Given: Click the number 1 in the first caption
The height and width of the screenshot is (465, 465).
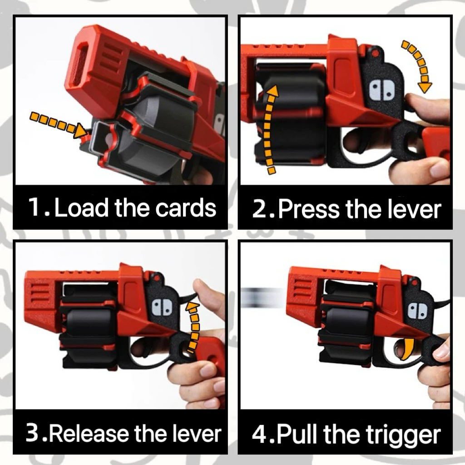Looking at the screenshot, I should pyautogui.click(x=35, y=208).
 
